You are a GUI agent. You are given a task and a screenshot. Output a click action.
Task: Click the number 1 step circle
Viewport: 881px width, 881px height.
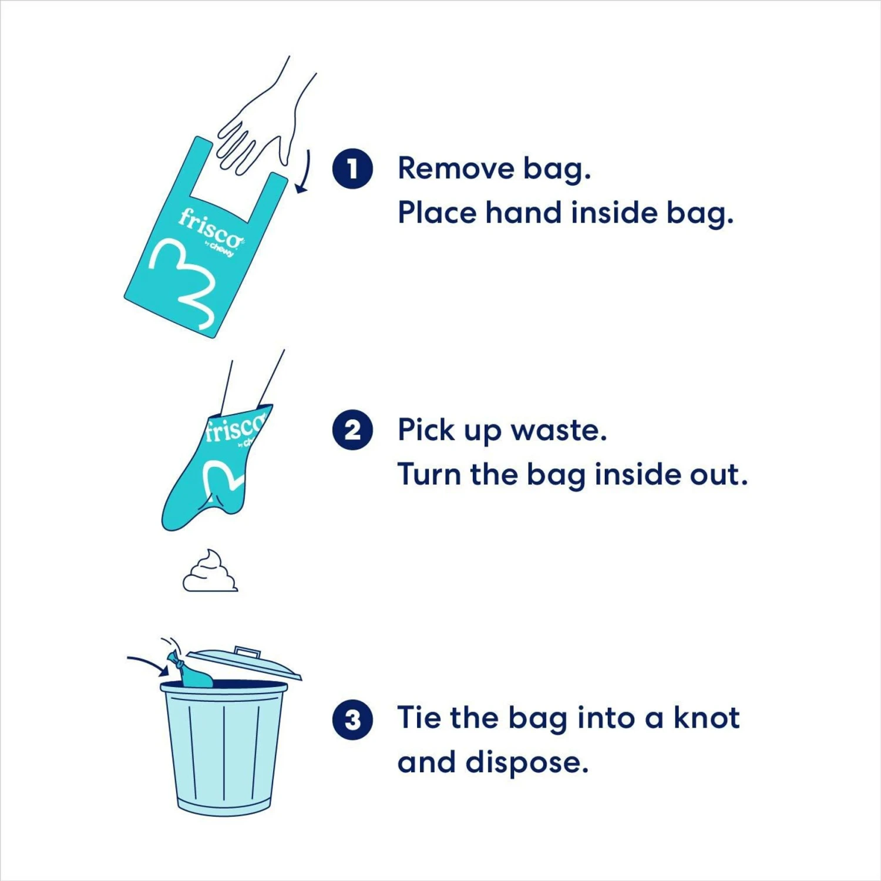(x=352, y=169)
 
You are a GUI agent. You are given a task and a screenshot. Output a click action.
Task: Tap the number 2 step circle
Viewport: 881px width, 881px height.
(x=352, y=430)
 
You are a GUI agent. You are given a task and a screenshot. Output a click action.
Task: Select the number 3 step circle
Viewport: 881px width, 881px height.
(x=352, y=719)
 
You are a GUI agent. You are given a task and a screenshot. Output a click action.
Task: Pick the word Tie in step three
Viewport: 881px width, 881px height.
(x=418, y=718)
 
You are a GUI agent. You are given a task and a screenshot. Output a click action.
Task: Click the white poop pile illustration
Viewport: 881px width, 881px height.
(x=210, y=572)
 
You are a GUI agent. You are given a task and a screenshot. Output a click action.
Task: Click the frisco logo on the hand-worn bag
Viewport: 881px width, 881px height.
(x=234, y=429)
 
